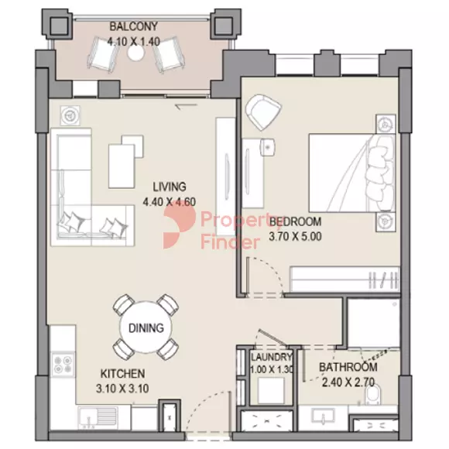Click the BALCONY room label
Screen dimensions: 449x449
pyautogui.click(x=133, y=26)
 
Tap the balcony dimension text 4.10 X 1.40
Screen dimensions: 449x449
pyautogui.click(x=133, y=42)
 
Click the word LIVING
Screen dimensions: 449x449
pyautogui.click(x=170, y=187)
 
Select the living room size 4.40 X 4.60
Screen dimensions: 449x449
pyautogui.click(x=170, y=202)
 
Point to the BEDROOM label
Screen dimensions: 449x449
pyautogui.click(x=295, y=221)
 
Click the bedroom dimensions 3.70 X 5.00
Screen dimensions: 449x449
pyautogui.click(x=295, y=237)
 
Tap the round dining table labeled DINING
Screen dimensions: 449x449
pyautogui.click(x=146, y=327)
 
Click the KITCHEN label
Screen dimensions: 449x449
pyautogui.click(x=122, y=374)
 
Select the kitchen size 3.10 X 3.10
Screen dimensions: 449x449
pyautogui.click(x=122, y=389)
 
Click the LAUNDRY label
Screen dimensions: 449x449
pyautogui.click(x=271, y=357)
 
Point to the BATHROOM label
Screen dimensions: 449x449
pyautogui.click(x=348, y=367)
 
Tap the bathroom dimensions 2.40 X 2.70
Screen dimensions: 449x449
pyautogui.click(x=348, y=382)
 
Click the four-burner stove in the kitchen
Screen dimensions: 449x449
pyautogui.click(x=63, y=365)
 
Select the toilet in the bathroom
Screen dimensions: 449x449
pyautogui.click(x=373, y=394)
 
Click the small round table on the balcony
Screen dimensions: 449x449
pyautogui.click(x=135, y=53)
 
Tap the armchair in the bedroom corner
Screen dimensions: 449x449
pyautogui.click(x=263, y=111)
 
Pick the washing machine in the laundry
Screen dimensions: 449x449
pyautogui.click(x=271, y=390)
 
